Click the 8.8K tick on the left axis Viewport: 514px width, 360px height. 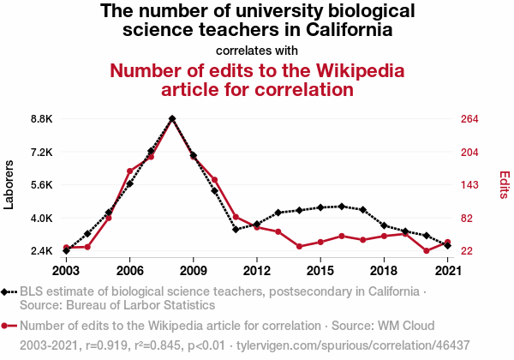click(41, 119)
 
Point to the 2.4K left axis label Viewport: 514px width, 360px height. click(41, 251)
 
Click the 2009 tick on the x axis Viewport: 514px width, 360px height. click(194, 271)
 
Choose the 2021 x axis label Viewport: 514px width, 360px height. click(447, 271)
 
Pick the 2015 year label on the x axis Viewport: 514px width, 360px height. click(320, 271)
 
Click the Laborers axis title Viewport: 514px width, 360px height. click(10, 184)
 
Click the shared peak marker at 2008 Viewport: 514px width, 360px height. click(172, 119)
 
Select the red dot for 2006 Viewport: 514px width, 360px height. click(129, 171)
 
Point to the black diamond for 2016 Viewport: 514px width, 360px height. click(342, 207)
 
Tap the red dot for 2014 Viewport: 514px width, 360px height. click(299, 247)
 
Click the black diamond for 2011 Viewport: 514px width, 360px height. click(236, 230)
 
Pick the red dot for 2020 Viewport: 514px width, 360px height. click(426, 251)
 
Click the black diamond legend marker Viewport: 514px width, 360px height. click(7, 292)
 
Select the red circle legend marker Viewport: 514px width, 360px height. click(7, 326)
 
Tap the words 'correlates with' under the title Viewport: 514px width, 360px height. click(257, 50)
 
